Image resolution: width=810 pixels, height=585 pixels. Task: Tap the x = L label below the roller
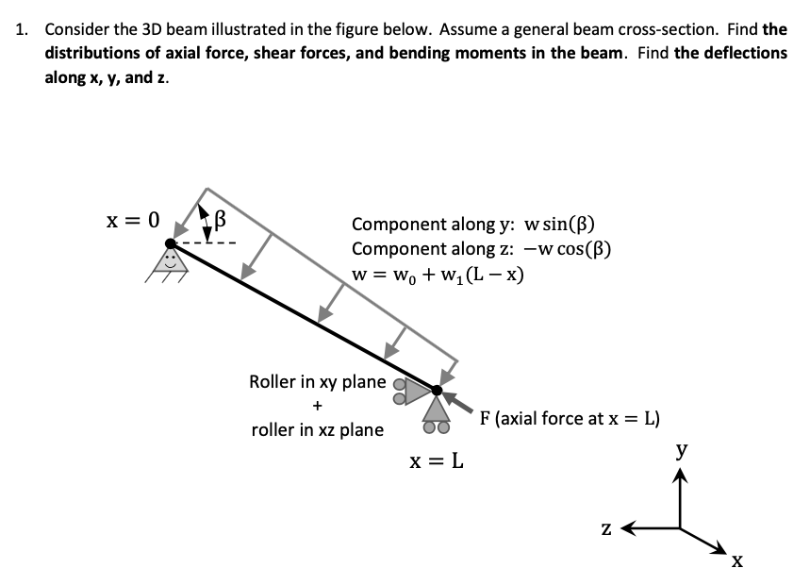point(436,463)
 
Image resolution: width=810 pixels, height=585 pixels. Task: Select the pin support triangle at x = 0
point(171,262)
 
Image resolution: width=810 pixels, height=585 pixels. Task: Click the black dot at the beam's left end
point(170,244)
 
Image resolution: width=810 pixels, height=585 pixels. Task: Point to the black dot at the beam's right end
point(436,389)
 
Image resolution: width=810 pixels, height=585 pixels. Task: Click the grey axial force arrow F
point(459,401)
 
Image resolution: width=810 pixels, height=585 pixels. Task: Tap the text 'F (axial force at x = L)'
point(570,418)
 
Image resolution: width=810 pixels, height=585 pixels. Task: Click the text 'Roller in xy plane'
point(317,382)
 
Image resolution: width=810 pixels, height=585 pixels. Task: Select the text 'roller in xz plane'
point(317,430)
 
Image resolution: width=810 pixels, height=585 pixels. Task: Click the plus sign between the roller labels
point(317,407)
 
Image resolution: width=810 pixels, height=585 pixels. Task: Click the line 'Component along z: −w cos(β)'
point(482,249)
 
